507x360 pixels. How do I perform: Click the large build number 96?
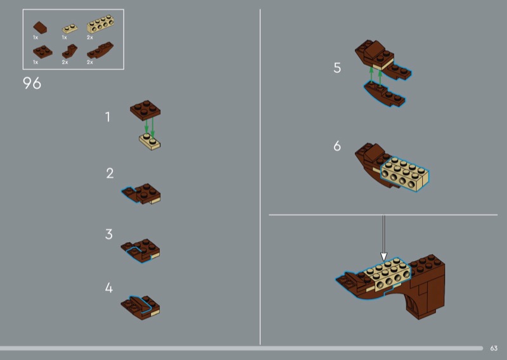coord(32,83)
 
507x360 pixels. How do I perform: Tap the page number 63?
coord(494,348)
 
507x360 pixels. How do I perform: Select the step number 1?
coord(108,117)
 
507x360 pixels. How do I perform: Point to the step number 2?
coord(110,173)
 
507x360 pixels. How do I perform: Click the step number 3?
coord(109,234)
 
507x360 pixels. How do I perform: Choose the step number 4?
coord(109,288)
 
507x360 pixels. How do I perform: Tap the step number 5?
coord(337,68)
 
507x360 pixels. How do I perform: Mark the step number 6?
coord(337,146)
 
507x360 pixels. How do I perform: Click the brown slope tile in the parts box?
coord(40,27)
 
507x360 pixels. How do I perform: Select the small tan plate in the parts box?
coord(70,29)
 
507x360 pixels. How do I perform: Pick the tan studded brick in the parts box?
coord(100,24)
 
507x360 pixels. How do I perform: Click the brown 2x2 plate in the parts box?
coord(42,52)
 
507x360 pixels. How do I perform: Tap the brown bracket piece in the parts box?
coord(70,51)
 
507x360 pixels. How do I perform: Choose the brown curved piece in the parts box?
coord(100,51)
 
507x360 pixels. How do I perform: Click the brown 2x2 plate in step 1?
coord(145,110)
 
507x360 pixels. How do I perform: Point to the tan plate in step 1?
coord(150,141)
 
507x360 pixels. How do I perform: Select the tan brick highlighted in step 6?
coord(405,174)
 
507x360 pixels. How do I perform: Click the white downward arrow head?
coord(383,257)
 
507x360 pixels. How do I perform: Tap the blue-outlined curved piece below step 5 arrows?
coord(384,94)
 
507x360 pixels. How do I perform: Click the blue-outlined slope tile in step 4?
coord(140,304)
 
